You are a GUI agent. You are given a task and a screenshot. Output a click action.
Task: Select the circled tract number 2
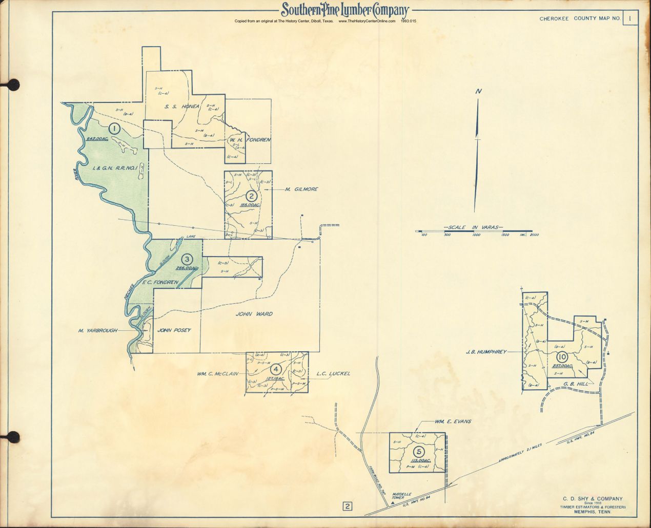(251, 196)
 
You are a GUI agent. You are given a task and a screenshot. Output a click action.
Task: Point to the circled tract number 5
(420, 451)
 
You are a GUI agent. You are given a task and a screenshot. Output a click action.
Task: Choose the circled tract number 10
(562, 357)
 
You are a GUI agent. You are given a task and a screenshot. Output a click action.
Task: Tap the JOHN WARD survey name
(254, 314)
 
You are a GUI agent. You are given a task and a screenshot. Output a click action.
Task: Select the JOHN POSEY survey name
(174, 330)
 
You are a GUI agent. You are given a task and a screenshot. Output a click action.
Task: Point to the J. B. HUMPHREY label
(486, 352)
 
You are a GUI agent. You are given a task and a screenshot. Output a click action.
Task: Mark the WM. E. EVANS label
(453, 421)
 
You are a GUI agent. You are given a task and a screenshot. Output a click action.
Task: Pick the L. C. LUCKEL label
(333, 374)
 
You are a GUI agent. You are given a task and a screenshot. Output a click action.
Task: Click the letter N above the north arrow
(478, 92)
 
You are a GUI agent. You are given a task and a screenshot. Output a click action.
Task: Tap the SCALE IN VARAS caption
(473, 226)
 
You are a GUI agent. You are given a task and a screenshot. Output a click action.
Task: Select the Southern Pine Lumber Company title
(344, 10)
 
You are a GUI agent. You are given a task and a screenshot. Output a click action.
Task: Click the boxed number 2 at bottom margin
(348, 507)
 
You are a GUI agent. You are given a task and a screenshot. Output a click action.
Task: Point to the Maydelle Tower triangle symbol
(392, 503)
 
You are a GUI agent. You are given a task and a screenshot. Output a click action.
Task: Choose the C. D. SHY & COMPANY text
(593, 498)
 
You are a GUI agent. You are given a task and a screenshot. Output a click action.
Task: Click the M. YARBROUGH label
(95, 331)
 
